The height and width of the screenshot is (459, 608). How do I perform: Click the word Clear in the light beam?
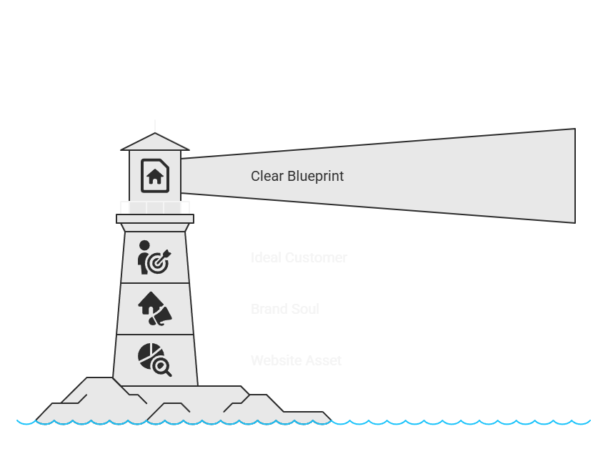point(267,176)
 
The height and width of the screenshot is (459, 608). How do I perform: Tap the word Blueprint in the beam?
point(316,177)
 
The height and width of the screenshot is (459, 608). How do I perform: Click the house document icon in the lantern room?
point(155,176)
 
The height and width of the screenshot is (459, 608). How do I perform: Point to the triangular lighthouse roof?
point(155,143)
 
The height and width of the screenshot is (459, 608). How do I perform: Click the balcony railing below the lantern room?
point(155,207)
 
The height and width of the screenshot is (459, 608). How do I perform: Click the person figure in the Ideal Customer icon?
point(144,257)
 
